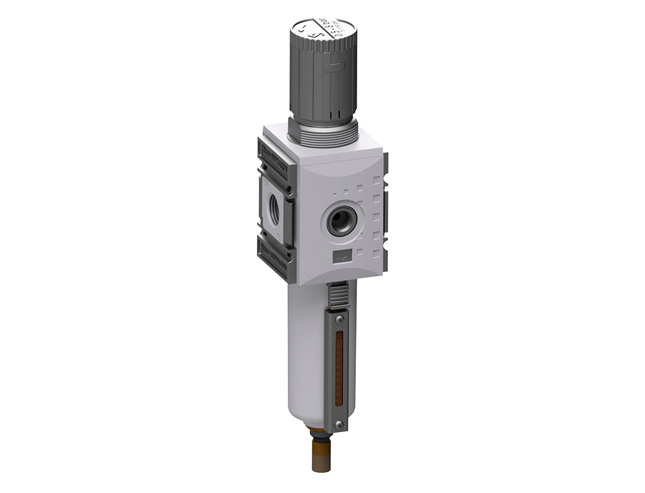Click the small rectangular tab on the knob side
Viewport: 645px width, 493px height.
point(334,69)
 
